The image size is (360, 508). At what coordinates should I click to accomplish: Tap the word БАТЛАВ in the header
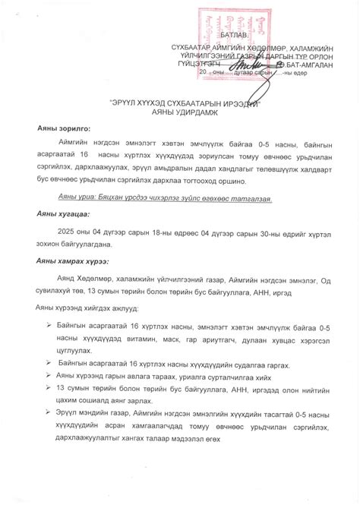(x=234, y=36)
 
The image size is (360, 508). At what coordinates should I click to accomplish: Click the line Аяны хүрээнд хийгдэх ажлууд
(x=95, y=309)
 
